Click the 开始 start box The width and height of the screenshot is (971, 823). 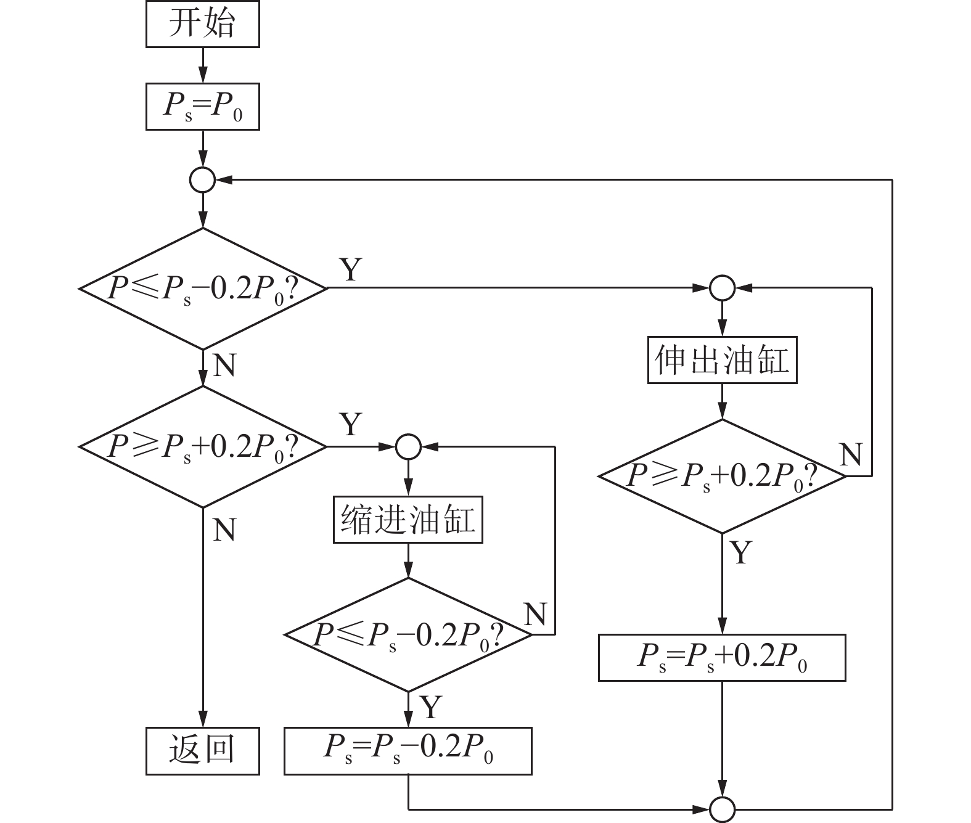[202, 25]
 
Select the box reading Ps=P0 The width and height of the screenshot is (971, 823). [202, 107]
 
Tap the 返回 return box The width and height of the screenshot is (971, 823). [202, 751]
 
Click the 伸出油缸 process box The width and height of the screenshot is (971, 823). [722, 360]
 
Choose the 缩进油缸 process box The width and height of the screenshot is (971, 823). [408, 520]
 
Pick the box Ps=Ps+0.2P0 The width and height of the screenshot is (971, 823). [722, 658]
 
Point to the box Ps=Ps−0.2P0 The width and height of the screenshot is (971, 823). [408, 751]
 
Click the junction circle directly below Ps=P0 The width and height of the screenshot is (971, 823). [202, 180]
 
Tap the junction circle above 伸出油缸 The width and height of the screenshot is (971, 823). [722, 287]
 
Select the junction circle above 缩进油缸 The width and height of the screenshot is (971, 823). [408, 446]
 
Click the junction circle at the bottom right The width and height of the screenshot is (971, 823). [722, 808]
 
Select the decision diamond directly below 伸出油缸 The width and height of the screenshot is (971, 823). [722, 476]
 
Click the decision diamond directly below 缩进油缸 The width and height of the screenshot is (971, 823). [408, 634]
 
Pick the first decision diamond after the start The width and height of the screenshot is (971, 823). [202, 288]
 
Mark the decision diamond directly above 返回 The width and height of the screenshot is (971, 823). [202, 446]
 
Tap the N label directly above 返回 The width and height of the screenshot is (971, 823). [224, 529]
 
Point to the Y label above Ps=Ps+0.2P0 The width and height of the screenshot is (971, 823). [740, 552]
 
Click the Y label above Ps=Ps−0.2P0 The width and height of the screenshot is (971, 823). [430, 706]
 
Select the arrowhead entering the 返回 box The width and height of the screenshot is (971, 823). [202, 721]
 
